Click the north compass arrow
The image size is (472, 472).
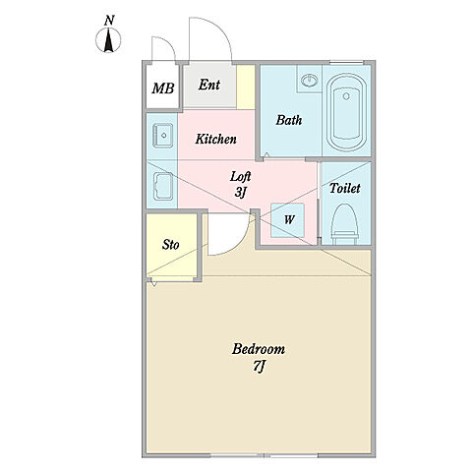click(x=108, y=40)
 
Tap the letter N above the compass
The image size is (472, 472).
click(x=109, y=21)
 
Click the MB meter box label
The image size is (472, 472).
click(x=162, y=88)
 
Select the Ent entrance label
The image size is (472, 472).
click(x=209, y=85)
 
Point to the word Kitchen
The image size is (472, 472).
click(x=215, y=139)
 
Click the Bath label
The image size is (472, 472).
click(x=288, y=120)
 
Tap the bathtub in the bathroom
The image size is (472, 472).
click(x=346, y=112)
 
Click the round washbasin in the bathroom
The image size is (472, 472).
click(x=309, y=80)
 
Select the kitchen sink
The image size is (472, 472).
click(x=162, y=136)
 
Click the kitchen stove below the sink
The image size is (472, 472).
click(x=162, y=186)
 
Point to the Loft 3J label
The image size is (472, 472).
click(x=240, y=184)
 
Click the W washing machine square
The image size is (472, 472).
click(x=287, y=220)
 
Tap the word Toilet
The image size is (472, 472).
click(x=344, y=188)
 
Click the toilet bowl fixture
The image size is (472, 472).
click(x=344, y=224)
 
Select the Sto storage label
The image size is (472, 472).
click(x=170, y=245)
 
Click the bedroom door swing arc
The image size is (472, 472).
click(x=238, y=244)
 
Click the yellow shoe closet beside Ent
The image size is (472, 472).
click(x=246, y=87)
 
